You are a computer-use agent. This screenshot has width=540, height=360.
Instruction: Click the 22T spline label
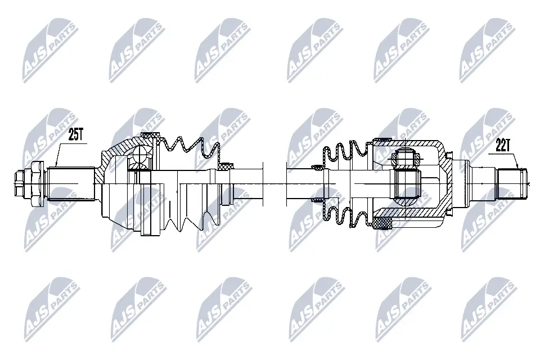click(503, 146)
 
